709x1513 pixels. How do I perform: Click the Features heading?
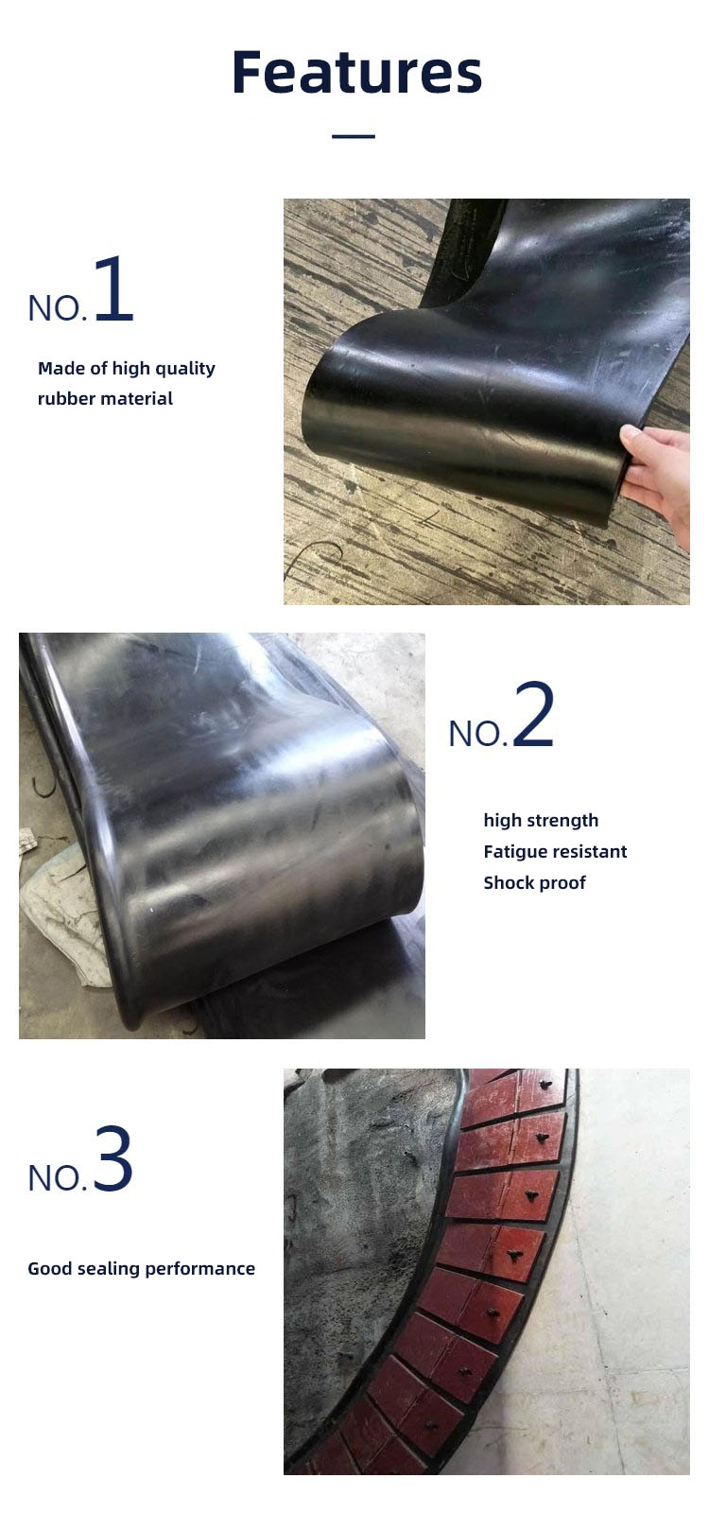(x=356, y=72)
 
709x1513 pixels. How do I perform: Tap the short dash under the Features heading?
(x=354, y=136)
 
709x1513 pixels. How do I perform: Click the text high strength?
(x=541, y=821)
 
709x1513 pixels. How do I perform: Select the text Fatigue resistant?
(x=555, y=852)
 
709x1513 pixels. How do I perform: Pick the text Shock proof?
(x=535, y=883)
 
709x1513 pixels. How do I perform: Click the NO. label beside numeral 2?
(x=478, y=734)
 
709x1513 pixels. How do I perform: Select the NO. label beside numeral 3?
(x=58, y=1178)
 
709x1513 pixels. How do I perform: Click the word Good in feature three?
(x=50, y=1269)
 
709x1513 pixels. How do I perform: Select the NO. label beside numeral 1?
(x=58, y=308)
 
